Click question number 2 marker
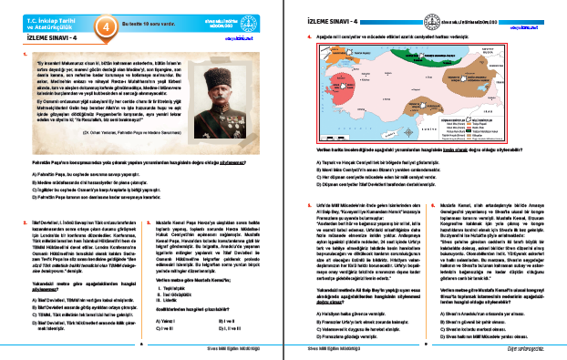pyautogui.click(x=18, y=194)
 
